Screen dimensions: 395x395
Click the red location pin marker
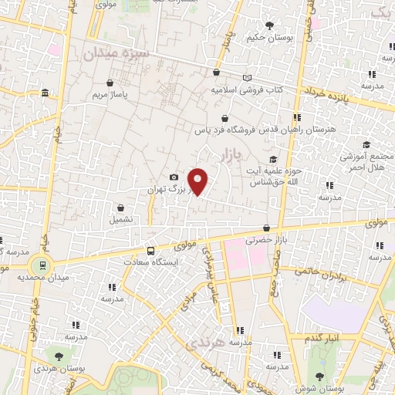pyautogui.click(x=198, y=182)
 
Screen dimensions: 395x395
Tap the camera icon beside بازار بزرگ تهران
pyautogui.click(x=173, y=178)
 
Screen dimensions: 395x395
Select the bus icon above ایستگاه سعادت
pyautogui.click(x=150, y=252)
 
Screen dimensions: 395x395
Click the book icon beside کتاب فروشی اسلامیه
pyautogui.click(x=247, y=78)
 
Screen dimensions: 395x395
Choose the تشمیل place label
pyautogui.click(x=121, y=219)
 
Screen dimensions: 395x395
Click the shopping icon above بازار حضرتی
pyautogui.click(x=266, y=228)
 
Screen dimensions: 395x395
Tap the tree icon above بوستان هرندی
pyautogui.click(x=59, y=354)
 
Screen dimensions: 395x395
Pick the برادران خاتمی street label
pyautogui.click(x=316, y=272)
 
